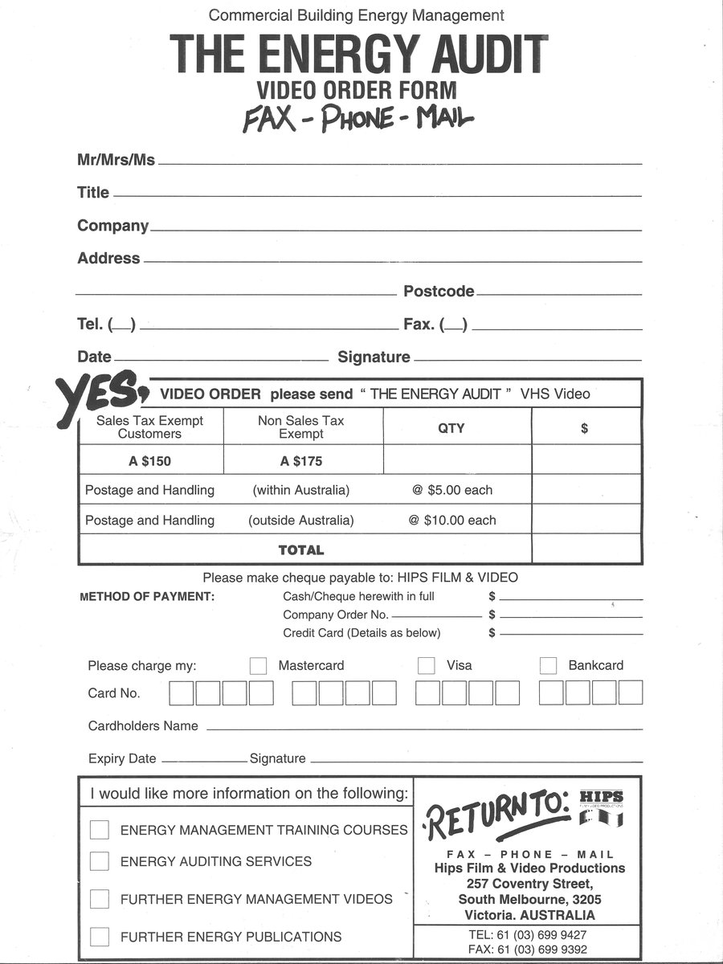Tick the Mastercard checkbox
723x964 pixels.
tap(258, 666)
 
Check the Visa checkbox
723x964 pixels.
tap(427, 666)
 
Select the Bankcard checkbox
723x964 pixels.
tap(549, 666)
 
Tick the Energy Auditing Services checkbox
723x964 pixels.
tap(100, 861)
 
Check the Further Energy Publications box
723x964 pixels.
tap(100, 937)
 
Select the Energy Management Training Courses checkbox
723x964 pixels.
tap(100, 830)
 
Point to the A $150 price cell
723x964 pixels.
tap(149, 461)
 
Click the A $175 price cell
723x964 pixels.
tap(301, 461)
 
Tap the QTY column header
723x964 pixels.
tap(451, 428)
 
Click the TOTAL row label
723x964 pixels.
tap(301, 550)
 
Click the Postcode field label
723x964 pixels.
tap(439, 292)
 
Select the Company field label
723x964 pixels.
tap(112, 227)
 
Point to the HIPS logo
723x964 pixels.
tap(600, 807)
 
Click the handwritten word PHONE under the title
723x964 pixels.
tap(357, 119)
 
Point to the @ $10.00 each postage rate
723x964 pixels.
tap(452, 521)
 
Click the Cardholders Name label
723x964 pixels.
tap(143, 726)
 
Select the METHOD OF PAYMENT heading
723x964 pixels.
tap(147, 597)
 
